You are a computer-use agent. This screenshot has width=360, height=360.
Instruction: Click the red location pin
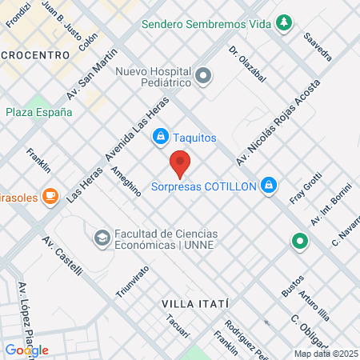[180, 162]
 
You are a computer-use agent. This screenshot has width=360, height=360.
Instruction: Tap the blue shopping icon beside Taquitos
[161, 138]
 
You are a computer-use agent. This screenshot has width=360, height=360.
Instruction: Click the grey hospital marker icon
[204, 76]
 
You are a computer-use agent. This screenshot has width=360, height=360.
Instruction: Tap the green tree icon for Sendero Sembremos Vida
[282, 23]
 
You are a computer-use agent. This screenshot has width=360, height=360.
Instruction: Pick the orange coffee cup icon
[50, 194]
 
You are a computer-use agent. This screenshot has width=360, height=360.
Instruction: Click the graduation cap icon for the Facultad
[102, 237]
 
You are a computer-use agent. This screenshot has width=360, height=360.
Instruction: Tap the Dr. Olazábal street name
[246, 65]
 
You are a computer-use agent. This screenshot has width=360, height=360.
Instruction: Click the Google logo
[27, 350]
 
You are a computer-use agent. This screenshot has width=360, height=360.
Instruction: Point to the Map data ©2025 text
[324, 353]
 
